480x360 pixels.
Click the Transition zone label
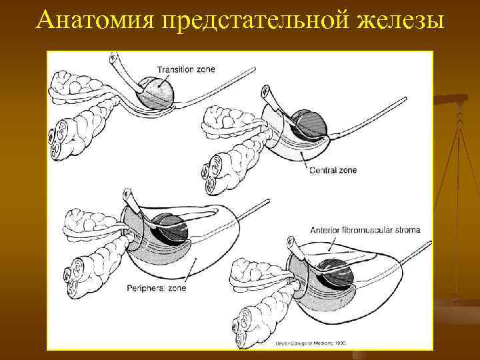point(187,69)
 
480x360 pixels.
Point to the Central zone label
point(333,170)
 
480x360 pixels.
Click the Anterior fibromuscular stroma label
point(365,231)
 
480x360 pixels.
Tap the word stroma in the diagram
point(407,231)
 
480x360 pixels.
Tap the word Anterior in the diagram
point(325,231)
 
